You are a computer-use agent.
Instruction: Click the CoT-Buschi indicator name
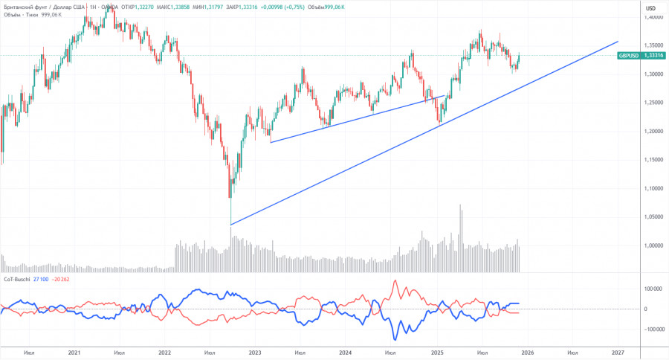click(x=17, y=278)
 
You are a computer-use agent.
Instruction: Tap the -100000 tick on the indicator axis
click(x=651, y=329)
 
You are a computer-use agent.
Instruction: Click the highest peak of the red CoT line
click(x=395, y=280)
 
